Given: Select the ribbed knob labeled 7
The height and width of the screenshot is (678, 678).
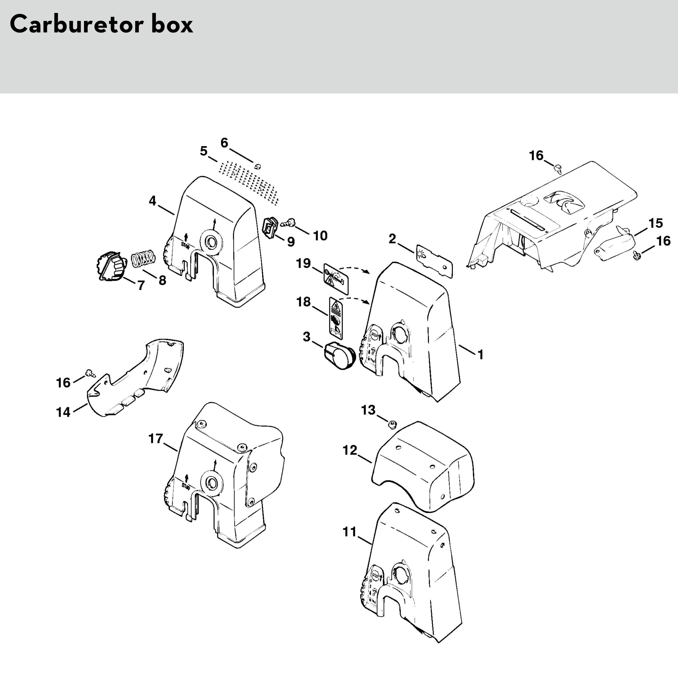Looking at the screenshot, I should [110, 266].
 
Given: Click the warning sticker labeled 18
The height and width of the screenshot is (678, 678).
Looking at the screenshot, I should [336, 316].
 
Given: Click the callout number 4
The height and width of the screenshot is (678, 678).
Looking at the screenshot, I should [152, 201].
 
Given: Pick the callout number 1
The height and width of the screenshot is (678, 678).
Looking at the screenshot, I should [480, 355].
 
